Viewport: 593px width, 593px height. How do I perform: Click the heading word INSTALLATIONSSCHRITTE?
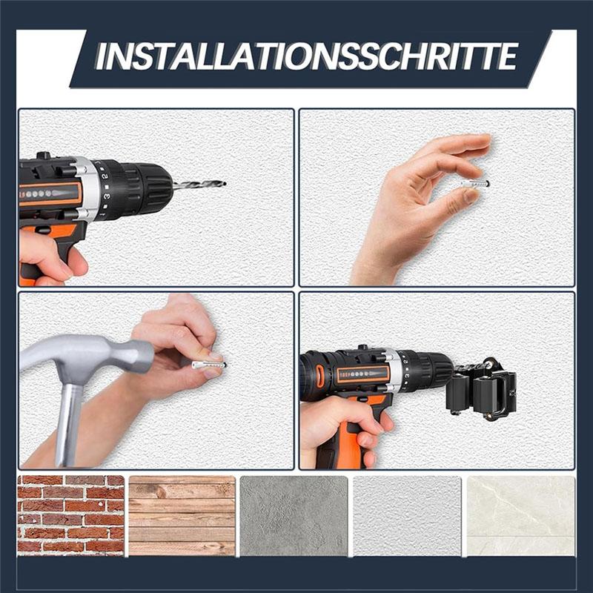tap(307, 56)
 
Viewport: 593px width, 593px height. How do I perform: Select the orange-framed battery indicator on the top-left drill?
tap(50, 193)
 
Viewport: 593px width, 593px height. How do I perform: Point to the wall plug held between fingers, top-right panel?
tap(475, 183)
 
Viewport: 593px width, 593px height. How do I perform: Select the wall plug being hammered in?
tap(209, 365)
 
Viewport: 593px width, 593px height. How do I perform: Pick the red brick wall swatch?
tap(70, 516)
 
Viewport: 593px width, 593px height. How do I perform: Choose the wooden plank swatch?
tap(182, 516)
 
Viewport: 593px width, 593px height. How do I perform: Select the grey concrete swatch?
tap(294, 516)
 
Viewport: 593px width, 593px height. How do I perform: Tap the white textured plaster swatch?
tap(407, 516)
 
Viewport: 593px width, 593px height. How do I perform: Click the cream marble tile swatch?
tap(521, 516)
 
